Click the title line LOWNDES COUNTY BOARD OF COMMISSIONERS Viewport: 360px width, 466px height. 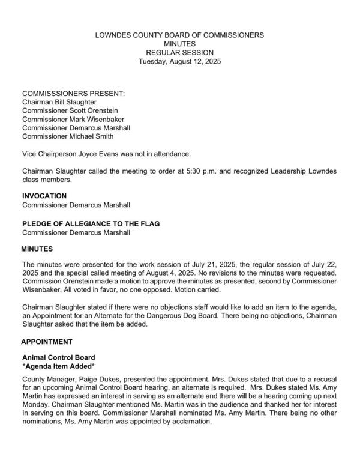179,35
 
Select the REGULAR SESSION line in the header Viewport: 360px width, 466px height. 179,52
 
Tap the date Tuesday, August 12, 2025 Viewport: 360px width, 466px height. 179,61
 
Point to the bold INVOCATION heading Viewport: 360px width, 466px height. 44,196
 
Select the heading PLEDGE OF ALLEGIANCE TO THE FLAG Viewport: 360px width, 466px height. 91,224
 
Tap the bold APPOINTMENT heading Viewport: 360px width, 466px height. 47,342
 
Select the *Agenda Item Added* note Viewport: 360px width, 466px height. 59,366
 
